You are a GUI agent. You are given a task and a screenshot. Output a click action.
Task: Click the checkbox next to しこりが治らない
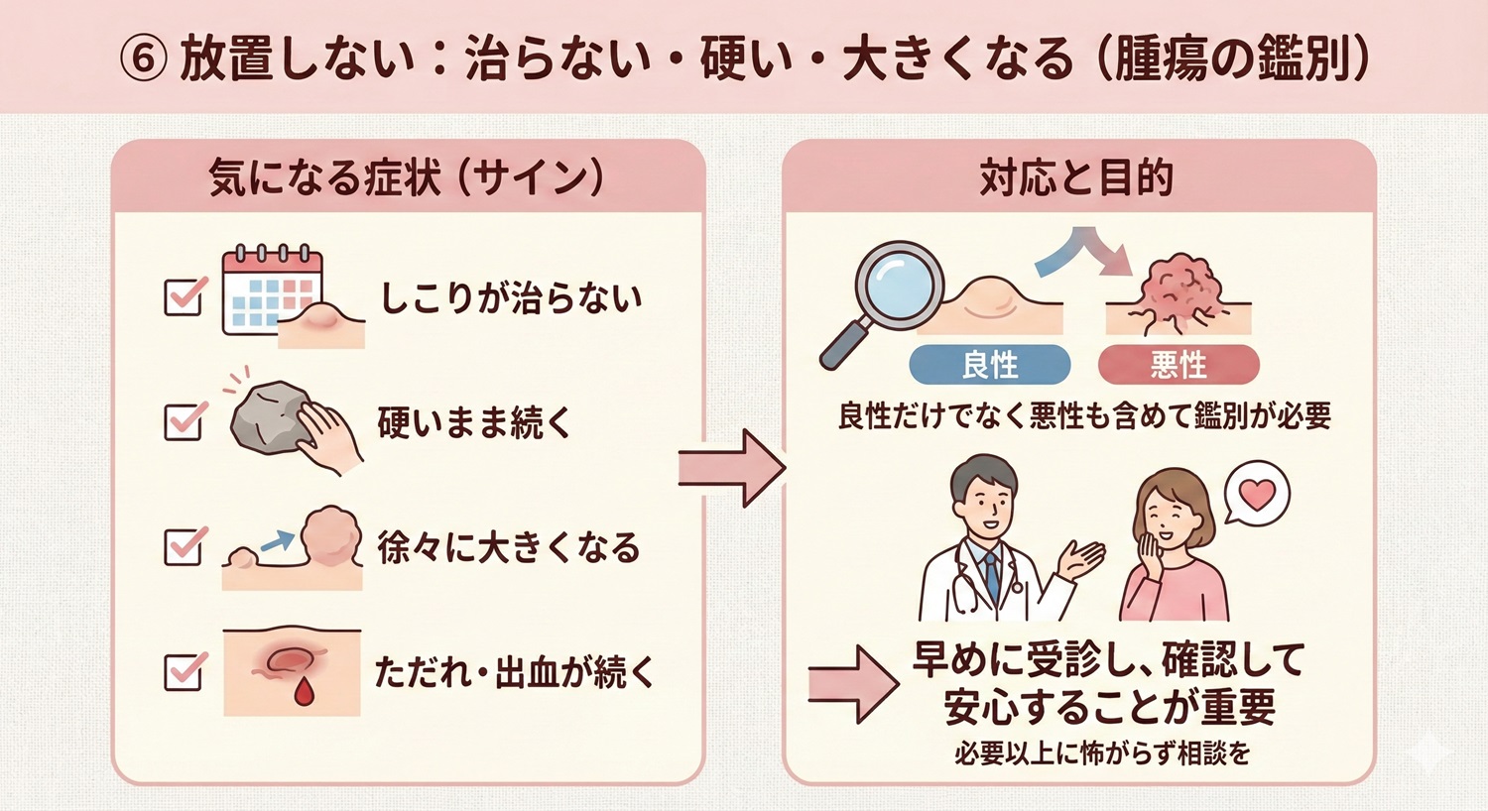pos(184,296)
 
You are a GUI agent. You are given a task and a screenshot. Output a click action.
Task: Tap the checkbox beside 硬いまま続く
pos(184,421)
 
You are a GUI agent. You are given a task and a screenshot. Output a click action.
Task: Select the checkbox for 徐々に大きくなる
pos(184,545)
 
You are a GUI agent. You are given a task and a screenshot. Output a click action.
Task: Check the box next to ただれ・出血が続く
pos(184,671)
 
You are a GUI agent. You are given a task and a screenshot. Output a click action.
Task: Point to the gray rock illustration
pos(267,416)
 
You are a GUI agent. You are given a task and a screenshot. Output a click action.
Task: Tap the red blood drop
pos(304,692)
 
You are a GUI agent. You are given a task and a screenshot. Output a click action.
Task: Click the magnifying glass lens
pos(899,281)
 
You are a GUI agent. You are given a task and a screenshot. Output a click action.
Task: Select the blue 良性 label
pos(989,365)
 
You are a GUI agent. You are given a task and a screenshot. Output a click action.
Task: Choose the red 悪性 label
pos(1178,365)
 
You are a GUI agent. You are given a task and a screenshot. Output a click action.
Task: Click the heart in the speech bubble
pos(1257,493)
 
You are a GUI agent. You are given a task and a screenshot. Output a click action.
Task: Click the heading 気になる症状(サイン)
pos(407,179)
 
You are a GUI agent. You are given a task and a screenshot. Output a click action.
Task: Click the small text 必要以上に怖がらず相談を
pos(1102,754)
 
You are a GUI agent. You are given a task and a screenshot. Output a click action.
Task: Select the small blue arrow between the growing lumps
pos(277,541)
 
